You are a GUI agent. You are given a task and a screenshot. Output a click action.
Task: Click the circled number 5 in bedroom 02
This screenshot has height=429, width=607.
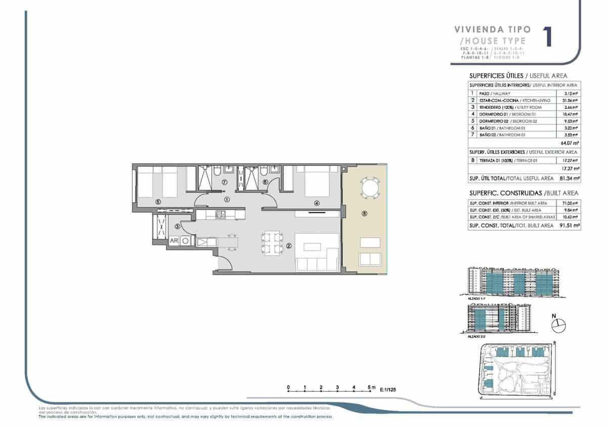158,202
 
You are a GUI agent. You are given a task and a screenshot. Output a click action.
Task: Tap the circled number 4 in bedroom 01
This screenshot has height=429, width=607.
317,203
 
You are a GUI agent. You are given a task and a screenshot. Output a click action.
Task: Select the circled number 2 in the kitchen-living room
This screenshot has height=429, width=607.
289,246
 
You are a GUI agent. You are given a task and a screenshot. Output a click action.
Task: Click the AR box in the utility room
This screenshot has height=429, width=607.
174,241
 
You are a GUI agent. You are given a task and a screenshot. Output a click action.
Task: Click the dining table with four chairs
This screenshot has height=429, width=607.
270,242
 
